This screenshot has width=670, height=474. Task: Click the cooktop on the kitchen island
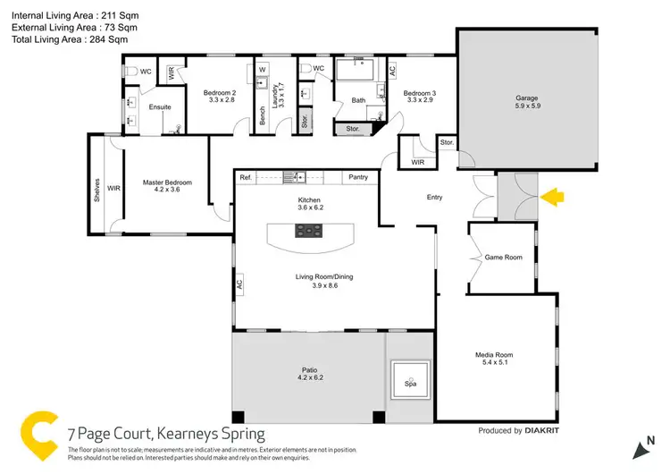tap(310, 231)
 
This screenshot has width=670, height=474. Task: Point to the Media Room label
tap(494, 355)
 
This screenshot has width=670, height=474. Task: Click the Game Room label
tap(503, 257)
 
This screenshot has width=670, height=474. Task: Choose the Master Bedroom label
tap(167, 182)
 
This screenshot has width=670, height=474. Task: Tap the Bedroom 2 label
tap(219, 93)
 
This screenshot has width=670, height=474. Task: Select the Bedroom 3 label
tap(418, 93)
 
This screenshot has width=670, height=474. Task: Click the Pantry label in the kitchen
tap(359, 177)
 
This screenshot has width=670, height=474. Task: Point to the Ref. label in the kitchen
tap(246, 177)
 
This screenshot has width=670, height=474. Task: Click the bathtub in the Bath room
tap(358, 70)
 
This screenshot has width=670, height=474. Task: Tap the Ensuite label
tap(160, 107)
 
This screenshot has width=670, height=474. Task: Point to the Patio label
tap(308, 369)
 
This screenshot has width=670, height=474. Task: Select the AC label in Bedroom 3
tap(392, 70)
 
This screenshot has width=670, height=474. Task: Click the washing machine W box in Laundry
tap(263, 68)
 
